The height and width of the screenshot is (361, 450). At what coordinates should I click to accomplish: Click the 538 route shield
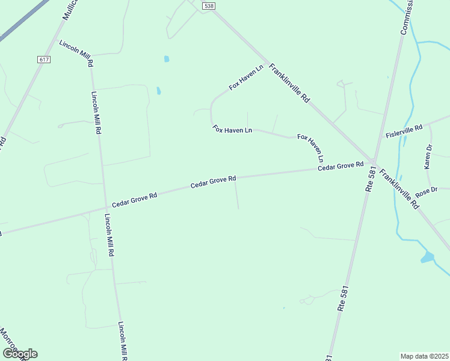coord(209,6)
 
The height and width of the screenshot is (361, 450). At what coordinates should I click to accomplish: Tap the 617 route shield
coord(43,59)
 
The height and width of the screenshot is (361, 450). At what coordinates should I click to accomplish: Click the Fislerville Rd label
coord(404,131)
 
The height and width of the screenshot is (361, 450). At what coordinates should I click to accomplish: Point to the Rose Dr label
coord(428,191)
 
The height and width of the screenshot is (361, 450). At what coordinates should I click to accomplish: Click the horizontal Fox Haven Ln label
coord(232,129)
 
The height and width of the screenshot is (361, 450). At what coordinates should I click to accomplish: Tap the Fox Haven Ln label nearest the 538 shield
coord(247,78)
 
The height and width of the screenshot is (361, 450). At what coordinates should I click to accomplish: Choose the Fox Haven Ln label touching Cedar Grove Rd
coord(311,149)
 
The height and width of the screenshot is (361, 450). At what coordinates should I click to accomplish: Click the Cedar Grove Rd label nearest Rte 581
coord(341,166)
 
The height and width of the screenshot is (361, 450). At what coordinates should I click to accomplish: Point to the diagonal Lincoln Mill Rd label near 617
coord(76,52)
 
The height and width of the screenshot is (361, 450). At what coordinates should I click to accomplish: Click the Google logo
coord(20,354)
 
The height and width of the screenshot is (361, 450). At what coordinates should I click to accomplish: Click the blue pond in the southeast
coord(428,258)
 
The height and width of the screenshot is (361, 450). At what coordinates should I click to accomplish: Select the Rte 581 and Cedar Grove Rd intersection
coord(374,162)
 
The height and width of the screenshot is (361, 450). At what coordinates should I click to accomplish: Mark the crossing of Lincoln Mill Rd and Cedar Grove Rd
coord(105,208)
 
